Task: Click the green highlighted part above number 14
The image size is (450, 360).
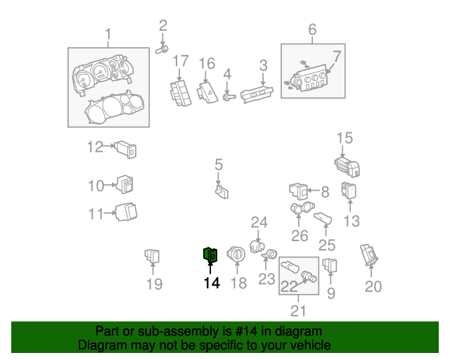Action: coord(210,255)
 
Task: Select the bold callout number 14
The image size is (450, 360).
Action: coord(211,283)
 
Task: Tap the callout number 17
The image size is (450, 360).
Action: coord(181,61)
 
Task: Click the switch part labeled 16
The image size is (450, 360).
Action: coord(209,92)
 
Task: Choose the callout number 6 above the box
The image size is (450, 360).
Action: coord(312,30)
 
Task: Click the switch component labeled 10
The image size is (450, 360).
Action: coord(126,185)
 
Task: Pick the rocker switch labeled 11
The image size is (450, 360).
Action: coord(127,211)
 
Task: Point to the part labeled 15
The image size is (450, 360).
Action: coord(347,167)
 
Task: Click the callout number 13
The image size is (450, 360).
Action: coord(351,221)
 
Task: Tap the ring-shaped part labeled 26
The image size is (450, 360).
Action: coord(300,210)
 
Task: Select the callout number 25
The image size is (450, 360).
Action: coord(327,245)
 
